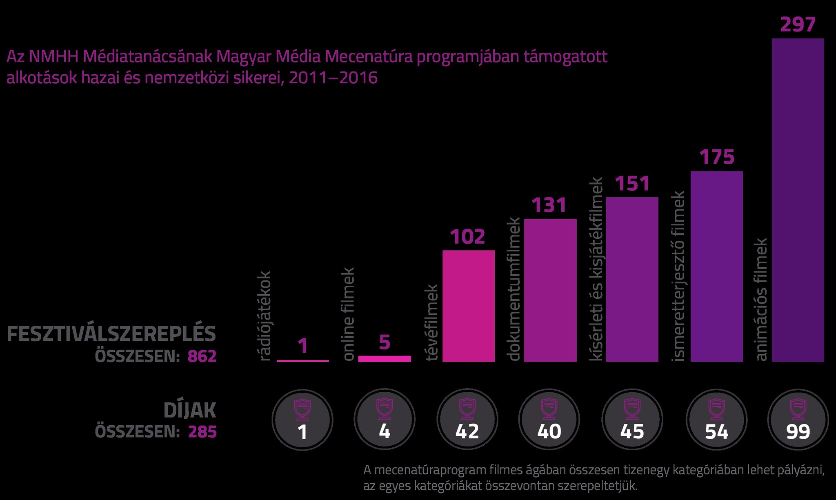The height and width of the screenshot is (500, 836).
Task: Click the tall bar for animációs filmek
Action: pyautogui.click(x=798, y=200)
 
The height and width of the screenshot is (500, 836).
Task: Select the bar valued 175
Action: pyautogui.click(x=716, y=266)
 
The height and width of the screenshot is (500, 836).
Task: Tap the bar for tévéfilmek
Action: pyautogui.click(x=469, y=306)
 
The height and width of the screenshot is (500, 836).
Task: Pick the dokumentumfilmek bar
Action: pyautogui.click(x=550, y=290)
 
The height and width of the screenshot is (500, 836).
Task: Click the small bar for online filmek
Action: pyautogui.click(x=385, y=358)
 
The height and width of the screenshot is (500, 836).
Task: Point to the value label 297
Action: pyautogui.click(x=798, y=24)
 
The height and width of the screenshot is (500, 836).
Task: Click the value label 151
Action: pyautogui.click(x=632, y=184)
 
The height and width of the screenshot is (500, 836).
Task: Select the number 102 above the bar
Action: pyautogui.click(x=467, y=237)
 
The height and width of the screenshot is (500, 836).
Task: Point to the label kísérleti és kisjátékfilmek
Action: pyautogui.click(x=596, y=269)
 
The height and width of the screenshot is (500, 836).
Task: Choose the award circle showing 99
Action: pyautogui.click(x=798, y=420)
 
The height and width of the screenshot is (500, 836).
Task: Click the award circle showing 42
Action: pyautogui.click(x=467, y=420)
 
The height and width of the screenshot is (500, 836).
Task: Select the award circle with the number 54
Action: pyautogui.click(x=716, y=420)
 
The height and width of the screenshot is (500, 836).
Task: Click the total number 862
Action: pyautogui.click(x=202, y=356)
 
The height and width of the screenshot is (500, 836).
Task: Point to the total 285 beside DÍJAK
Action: pyautogui.click(x=202, y=431)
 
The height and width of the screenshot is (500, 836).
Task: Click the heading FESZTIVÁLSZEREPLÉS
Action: pyautogui.click(x=111, y=334)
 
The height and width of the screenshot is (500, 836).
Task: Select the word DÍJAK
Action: pyautogui.click(x=189, y=410)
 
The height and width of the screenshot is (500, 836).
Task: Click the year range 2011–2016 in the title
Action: pyautogui.click(x=333, y=78)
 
